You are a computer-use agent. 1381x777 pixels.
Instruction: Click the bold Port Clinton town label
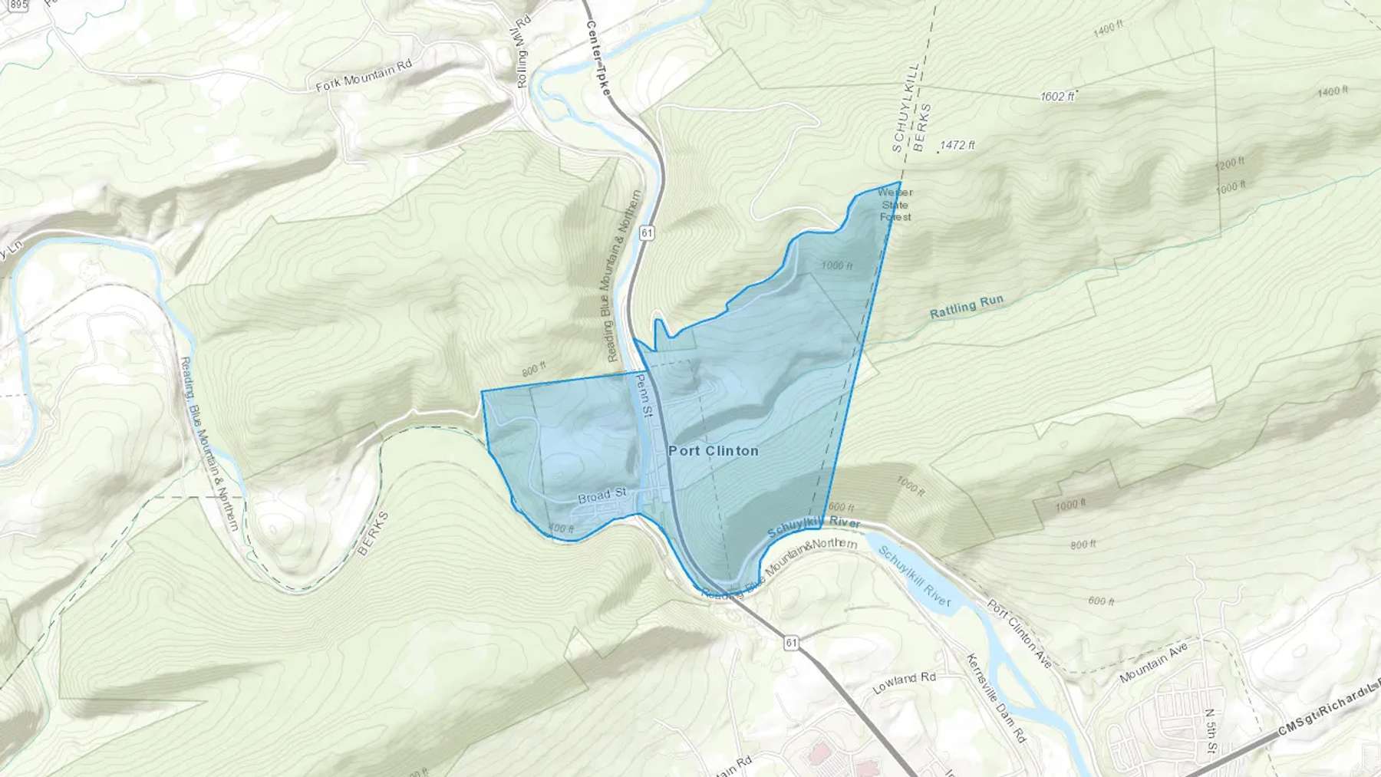point(714,451)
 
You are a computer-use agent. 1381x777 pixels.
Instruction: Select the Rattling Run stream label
point(966,307)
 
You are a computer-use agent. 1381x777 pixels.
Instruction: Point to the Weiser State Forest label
point(895,205)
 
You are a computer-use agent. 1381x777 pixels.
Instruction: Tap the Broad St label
point(602,496)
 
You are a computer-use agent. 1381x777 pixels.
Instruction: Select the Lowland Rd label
point(905,682)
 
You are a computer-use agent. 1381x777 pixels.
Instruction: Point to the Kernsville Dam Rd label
point(995,698)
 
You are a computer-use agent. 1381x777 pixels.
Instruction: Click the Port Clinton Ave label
point(1019,633)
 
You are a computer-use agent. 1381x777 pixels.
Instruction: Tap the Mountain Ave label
point(1153,663)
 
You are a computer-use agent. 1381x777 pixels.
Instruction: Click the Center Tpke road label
point(598,58)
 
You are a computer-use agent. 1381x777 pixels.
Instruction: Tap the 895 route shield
point(17,5)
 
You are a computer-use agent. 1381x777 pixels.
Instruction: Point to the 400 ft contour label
point(561,529)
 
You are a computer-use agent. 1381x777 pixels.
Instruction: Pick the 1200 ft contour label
point(1229,165)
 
